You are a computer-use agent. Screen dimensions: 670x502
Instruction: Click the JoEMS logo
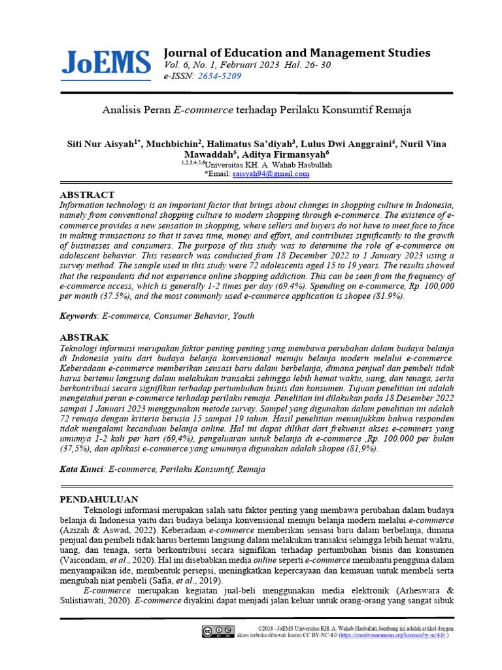[x=106, y=63]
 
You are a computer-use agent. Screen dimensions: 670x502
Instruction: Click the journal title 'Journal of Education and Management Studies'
[x=297, y=53]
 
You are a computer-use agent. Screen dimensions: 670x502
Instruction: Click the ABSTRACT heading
[x=87, y=195]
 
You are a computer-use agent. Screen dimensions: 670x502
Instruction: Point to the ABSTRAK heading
[x=85, y=338]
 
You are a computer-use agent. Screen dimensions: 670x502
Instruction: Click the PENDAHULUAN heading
[x=99, y=499]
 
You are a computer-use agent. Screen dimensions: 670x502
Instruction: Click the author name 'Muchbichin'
[x=172, y=144]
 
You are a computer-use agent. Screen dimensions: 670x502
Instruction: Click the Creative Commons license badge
[x=217, y=631]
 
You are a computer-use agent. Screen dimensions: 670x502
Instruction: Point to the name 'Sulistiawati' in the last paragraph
[x=88, y=602]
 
